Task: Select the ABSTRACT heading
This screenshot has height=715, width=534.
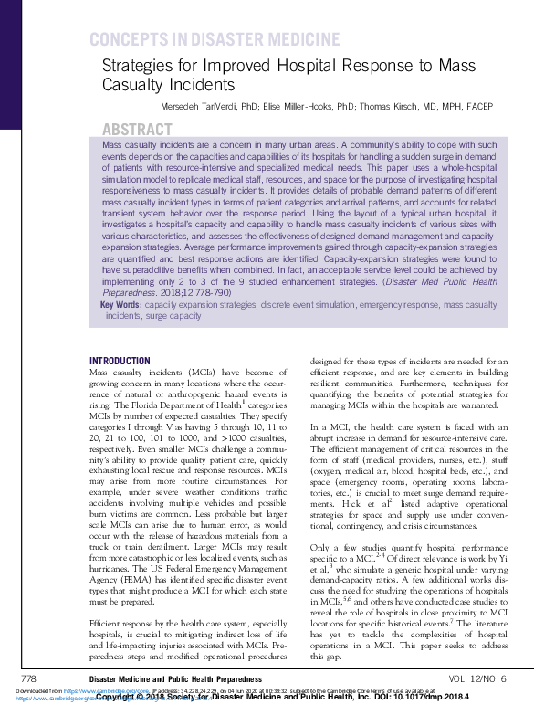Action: pyautogui.click(x=137, y=130)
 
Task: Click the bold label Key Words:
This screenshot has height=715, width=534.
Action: pyautogui.click(x=121, y=305)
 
